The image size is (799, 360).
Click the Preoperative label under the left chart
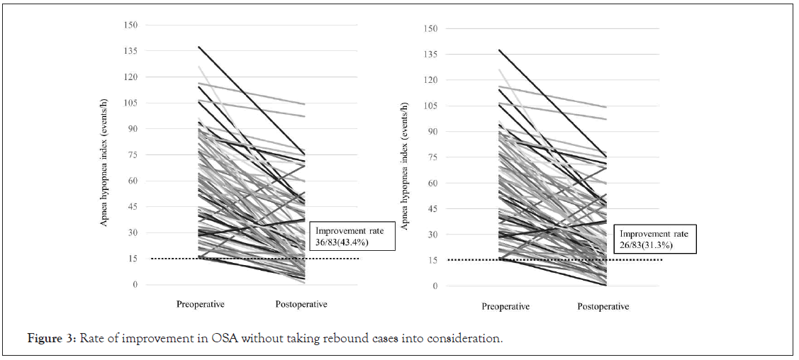201,305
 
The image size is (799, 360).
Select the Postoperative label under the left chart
301,305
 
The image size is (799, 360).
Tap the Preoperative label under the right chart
505,307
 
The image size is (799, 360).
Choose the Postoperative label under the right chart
603,307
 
